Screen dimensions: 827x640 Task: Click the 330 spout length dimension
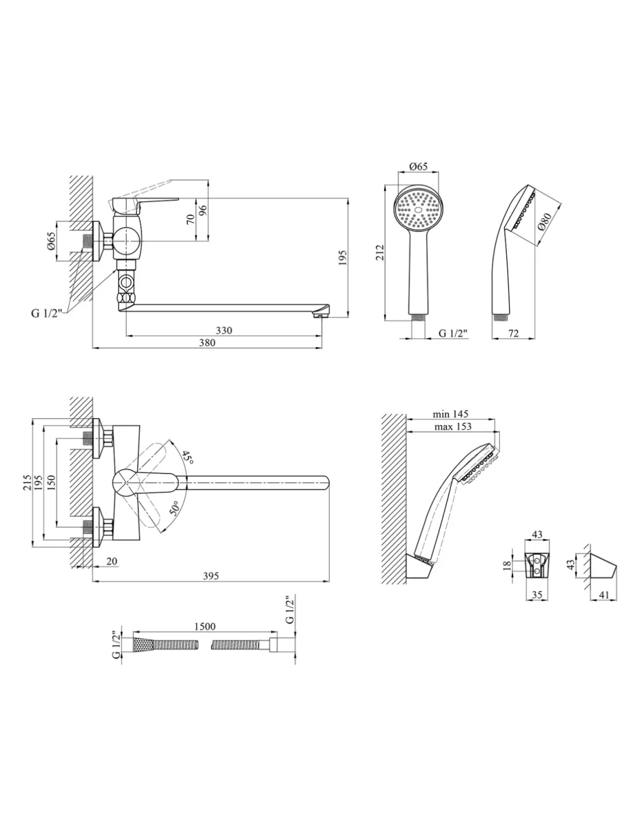coord(224,330)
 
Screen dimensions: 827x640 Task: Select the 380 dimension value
coord(207,343)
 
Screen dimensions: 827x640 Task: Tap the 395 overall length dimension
coord(211,576)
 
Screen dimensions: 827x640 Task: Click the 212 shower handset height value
coord(379,252)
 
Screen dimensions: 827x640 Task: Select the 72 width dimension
coord(513,333)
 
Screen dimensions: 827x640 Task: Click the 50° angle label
coord(175,509)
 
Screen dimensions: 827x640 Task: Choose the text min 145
coord(451,414)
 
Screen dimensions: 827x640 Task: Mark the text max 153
coord(452,426)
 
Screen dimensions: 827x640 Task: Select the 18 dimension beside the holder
coord(507,564)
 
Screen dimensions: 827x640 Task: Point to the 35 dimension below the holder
coord(537,595)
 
